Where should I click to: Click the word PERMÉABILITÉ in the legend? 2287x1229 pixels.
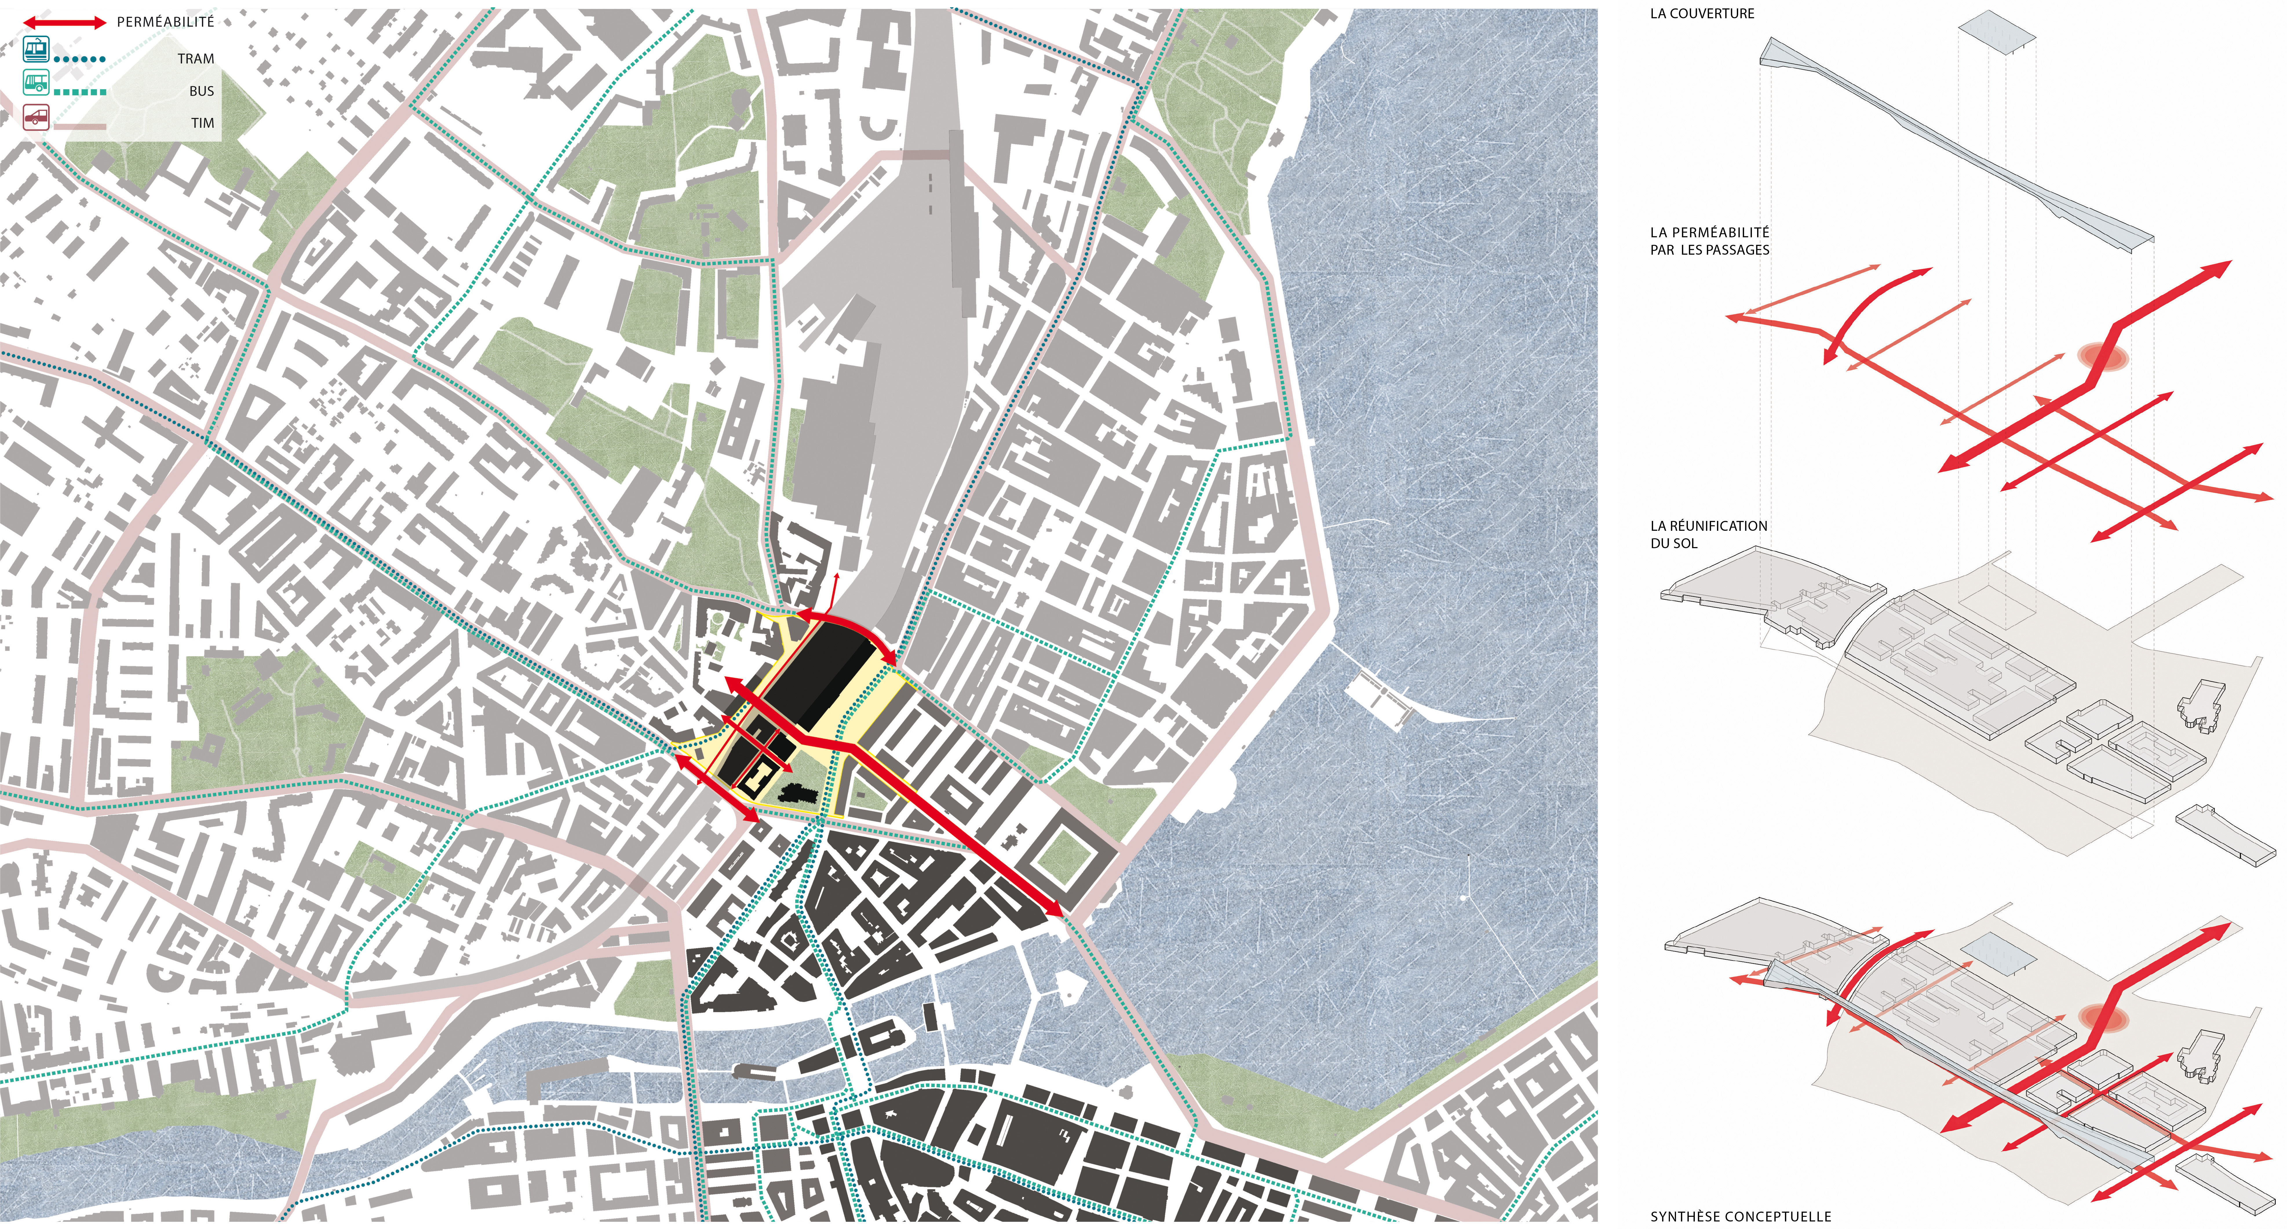(165, 21)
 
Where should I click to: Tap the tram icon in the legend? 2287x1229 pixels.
(36, 50)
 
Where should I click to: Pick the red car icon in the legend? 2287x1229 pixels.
(36, 116)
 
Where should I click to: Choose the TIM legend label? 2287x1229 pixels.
(203, 123)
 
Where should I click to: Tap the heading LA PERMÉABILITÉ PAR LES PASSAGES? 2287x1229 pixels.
(1709, 241)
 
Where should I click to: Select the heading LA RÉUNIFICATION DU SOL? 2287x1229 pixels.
(1708, 534)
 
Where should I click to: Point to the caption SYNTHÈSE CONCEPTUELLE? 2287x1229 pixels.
(1740, 1216)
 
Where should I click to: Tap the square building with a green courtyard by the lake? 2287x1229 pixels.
(1065, 857)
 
